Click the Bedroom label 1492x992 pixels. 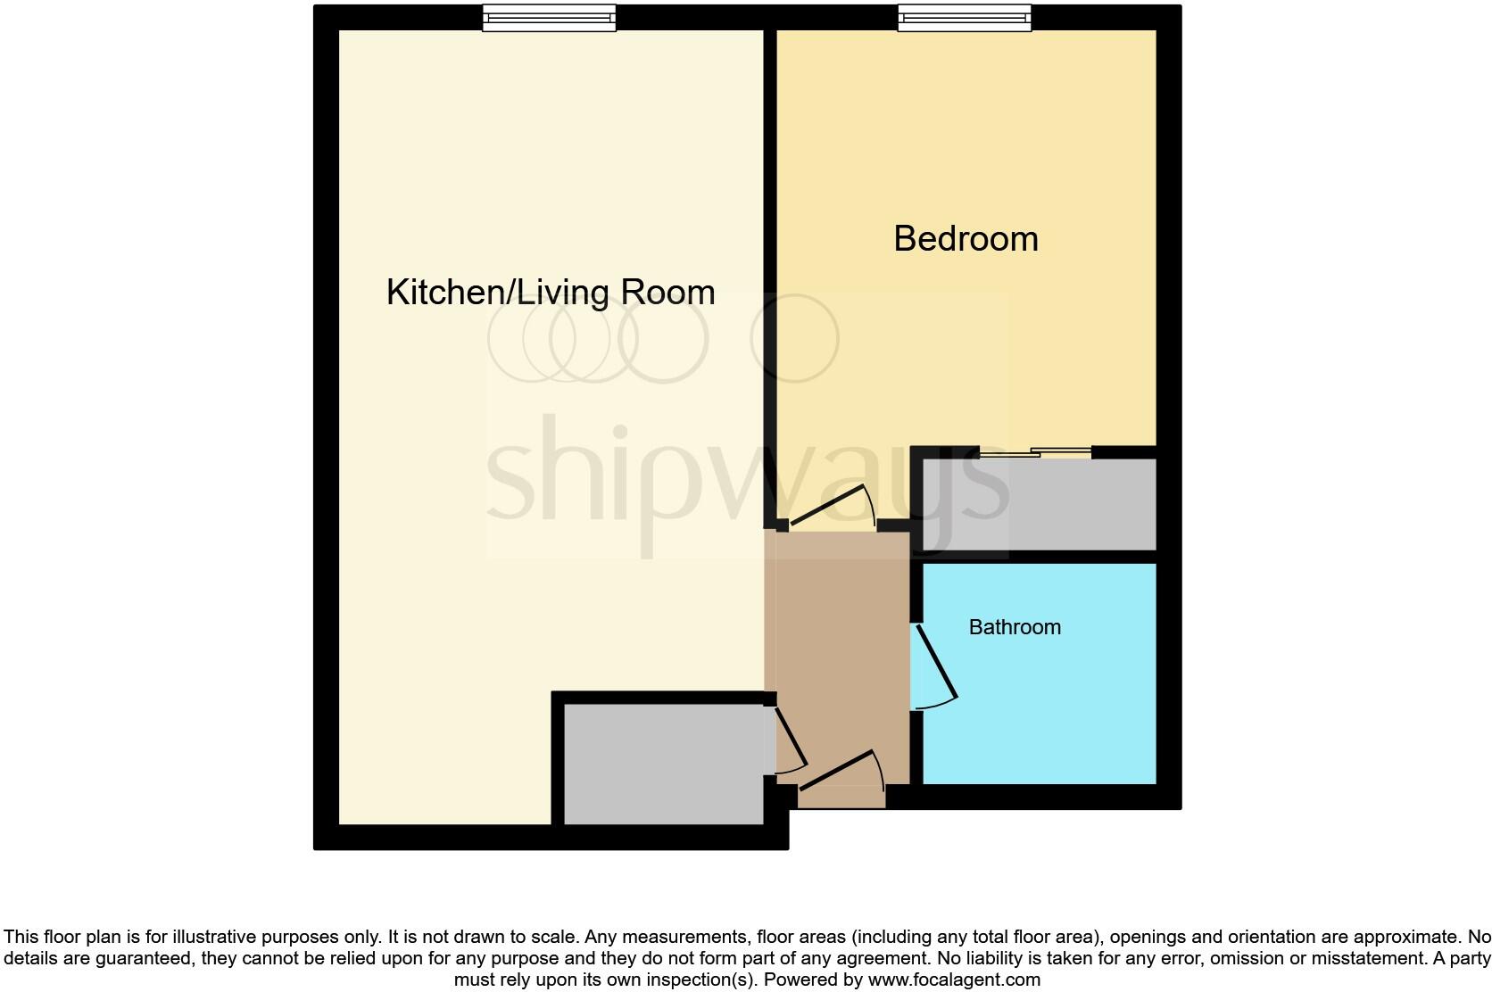pyautogui.click(x=966, y=239)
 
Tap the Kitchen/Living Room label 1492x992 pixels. pyautogui.click(x=551, y=293)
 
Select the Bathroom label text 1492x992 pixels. pyautogui.click(x=1015, y=627)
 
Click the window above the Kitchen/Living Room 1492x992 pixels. pyautogui.click(x=549, y=17)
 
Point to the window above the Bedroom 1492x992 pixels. pyautogui.click(x=965, y=17)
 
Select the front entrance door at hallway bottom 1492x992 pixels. pyautogui.click(x=836, y=770)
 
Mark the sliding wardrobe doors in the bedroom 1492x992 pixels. pyautogui.click(x=1035, y=453)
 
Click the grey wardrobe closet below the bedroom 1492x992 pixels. pyautogui.click(x=1040, y=505)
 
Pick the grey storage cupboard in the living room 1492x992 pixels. pyautogui.click(x=663, y=764)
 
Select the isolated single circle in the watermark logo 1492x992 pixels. pyautogui.click(x=795, y=339)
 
